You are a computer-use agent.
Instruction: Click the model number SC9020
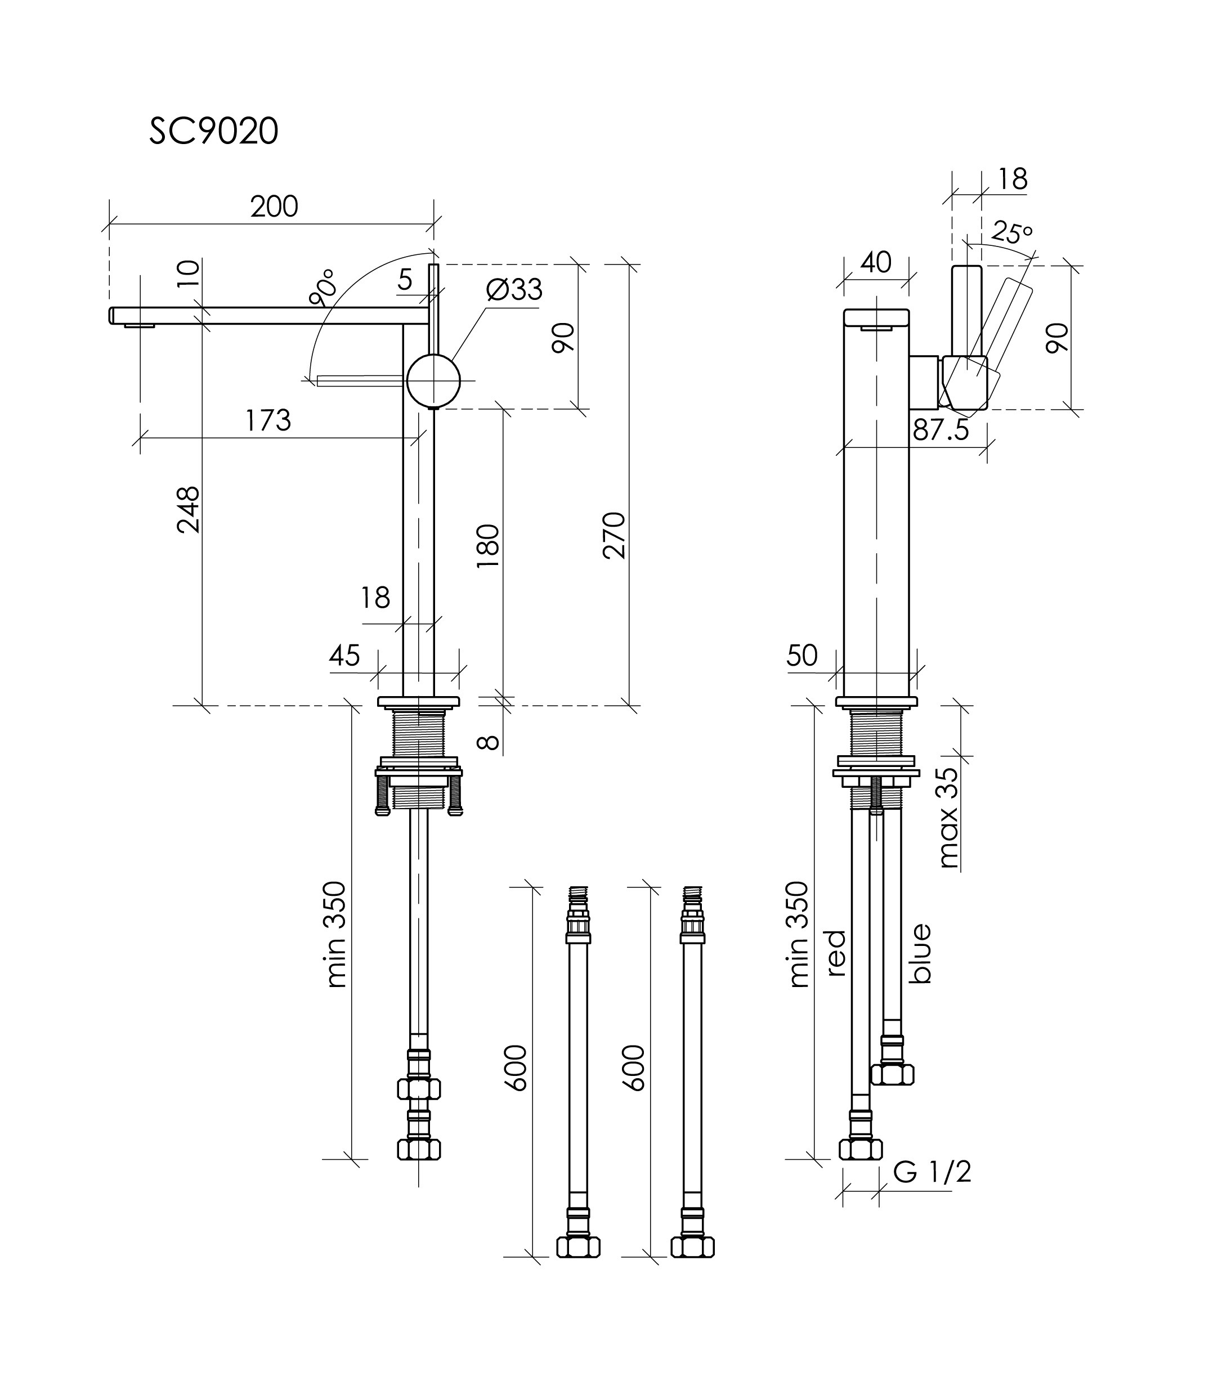coord(214,131)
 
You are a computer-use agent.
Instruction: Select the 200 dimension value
coord(274,206)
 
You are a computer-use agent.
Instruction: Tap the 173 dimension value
coord(268,420)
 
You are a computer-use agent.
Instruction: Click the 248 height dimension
coord(189,509)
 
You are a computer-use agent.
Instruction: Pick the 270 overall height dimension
coord(615,535)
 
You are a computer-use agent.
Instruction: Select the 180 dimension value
coord(489,546)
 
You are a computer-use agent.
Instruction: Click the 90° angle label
coord(322,288)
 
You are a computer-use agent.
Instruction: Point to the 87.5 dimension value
coord(941,430)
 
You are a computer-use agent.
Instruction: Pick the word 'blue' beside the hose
coord(920,953)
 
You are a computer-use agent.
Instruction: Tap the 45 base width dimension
coord(344,655)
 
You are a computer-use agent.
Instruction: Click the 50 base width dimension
coord(802,655)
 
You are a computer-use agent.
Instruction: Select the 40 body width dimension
coord(876,262)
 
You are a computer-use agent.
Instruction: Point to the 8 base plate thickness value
coord(489,742)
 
